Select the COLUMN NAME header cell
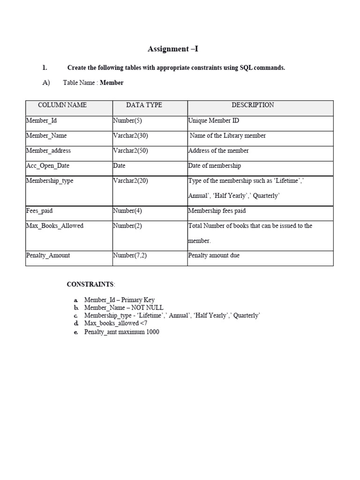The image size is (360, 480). (x=62, y=105)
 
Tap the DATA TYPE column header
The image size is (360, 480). (x=144, y=105)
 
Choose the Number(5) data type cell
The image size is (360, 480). (x=127, y=120)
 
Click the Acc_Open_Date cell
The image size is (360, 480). (x=47, y=165)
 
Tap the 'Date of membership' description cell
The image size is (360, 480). (x=214, y=165)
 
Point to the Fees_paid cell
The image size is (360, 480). (x=39, y=210)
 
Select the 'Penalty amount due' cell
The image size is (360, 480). (x=214, y=255)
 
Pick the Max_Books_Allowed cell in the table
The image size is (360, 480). (x=54, y=225)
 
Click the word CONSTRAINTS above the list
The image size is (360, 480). (x=90, y=284)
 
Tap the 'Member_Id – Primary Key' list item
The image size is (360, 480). (x=119, y=300)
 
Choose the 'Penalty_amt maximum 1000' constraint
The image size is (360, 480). (x=121, y=332)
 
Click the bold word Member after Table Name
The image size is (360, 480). (x=112, y=82)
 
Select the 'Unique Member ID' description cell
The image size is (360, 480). (x=213, y=120)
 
